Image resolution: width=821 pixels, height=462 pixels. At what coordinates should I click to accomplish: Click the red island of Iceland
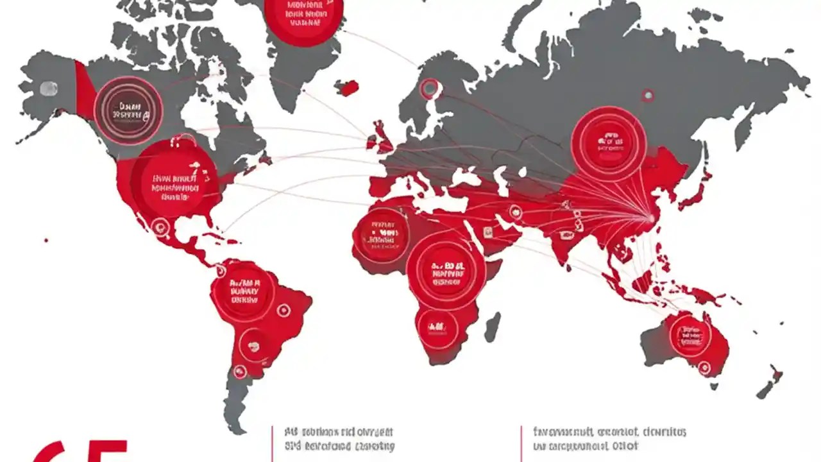pos(347,88)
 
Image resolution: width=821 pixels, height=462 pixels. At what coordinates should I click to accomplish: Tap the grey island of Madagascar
pos(492,327)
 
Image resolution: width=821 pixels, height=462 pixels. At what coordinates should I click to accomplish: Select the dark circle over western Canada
pos(128,110)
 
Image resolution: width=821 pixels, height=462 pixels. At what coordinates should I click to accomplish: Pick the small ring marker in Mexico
pos(160,225)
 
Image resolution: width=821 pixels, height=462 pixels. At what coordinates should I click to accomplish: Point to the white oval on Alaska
pos(49,89)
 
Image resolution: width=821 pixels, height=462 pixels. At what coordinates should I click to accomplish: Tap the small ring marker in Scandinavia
pos(429,88)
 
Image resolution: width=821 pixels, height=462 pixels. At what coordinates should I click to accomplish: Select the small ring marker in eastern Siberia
pos(648,96)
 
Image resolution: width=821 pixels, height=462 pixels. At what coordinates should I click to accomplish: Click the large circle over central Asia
pos(607,142)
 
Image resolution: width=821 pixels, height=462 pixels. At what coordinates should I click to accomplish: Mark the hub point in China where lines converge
pos(652,219)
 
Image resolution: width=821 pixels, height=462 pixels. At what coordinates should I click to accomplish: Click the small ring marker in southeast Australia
pos(704,368)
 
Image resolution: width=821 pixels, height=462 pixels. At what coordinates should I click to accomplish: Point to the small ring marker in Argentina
pos(240,371)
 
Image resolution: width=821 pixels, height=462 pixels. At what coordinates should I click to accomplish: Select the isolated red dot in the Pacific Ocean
pos(46,241)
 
